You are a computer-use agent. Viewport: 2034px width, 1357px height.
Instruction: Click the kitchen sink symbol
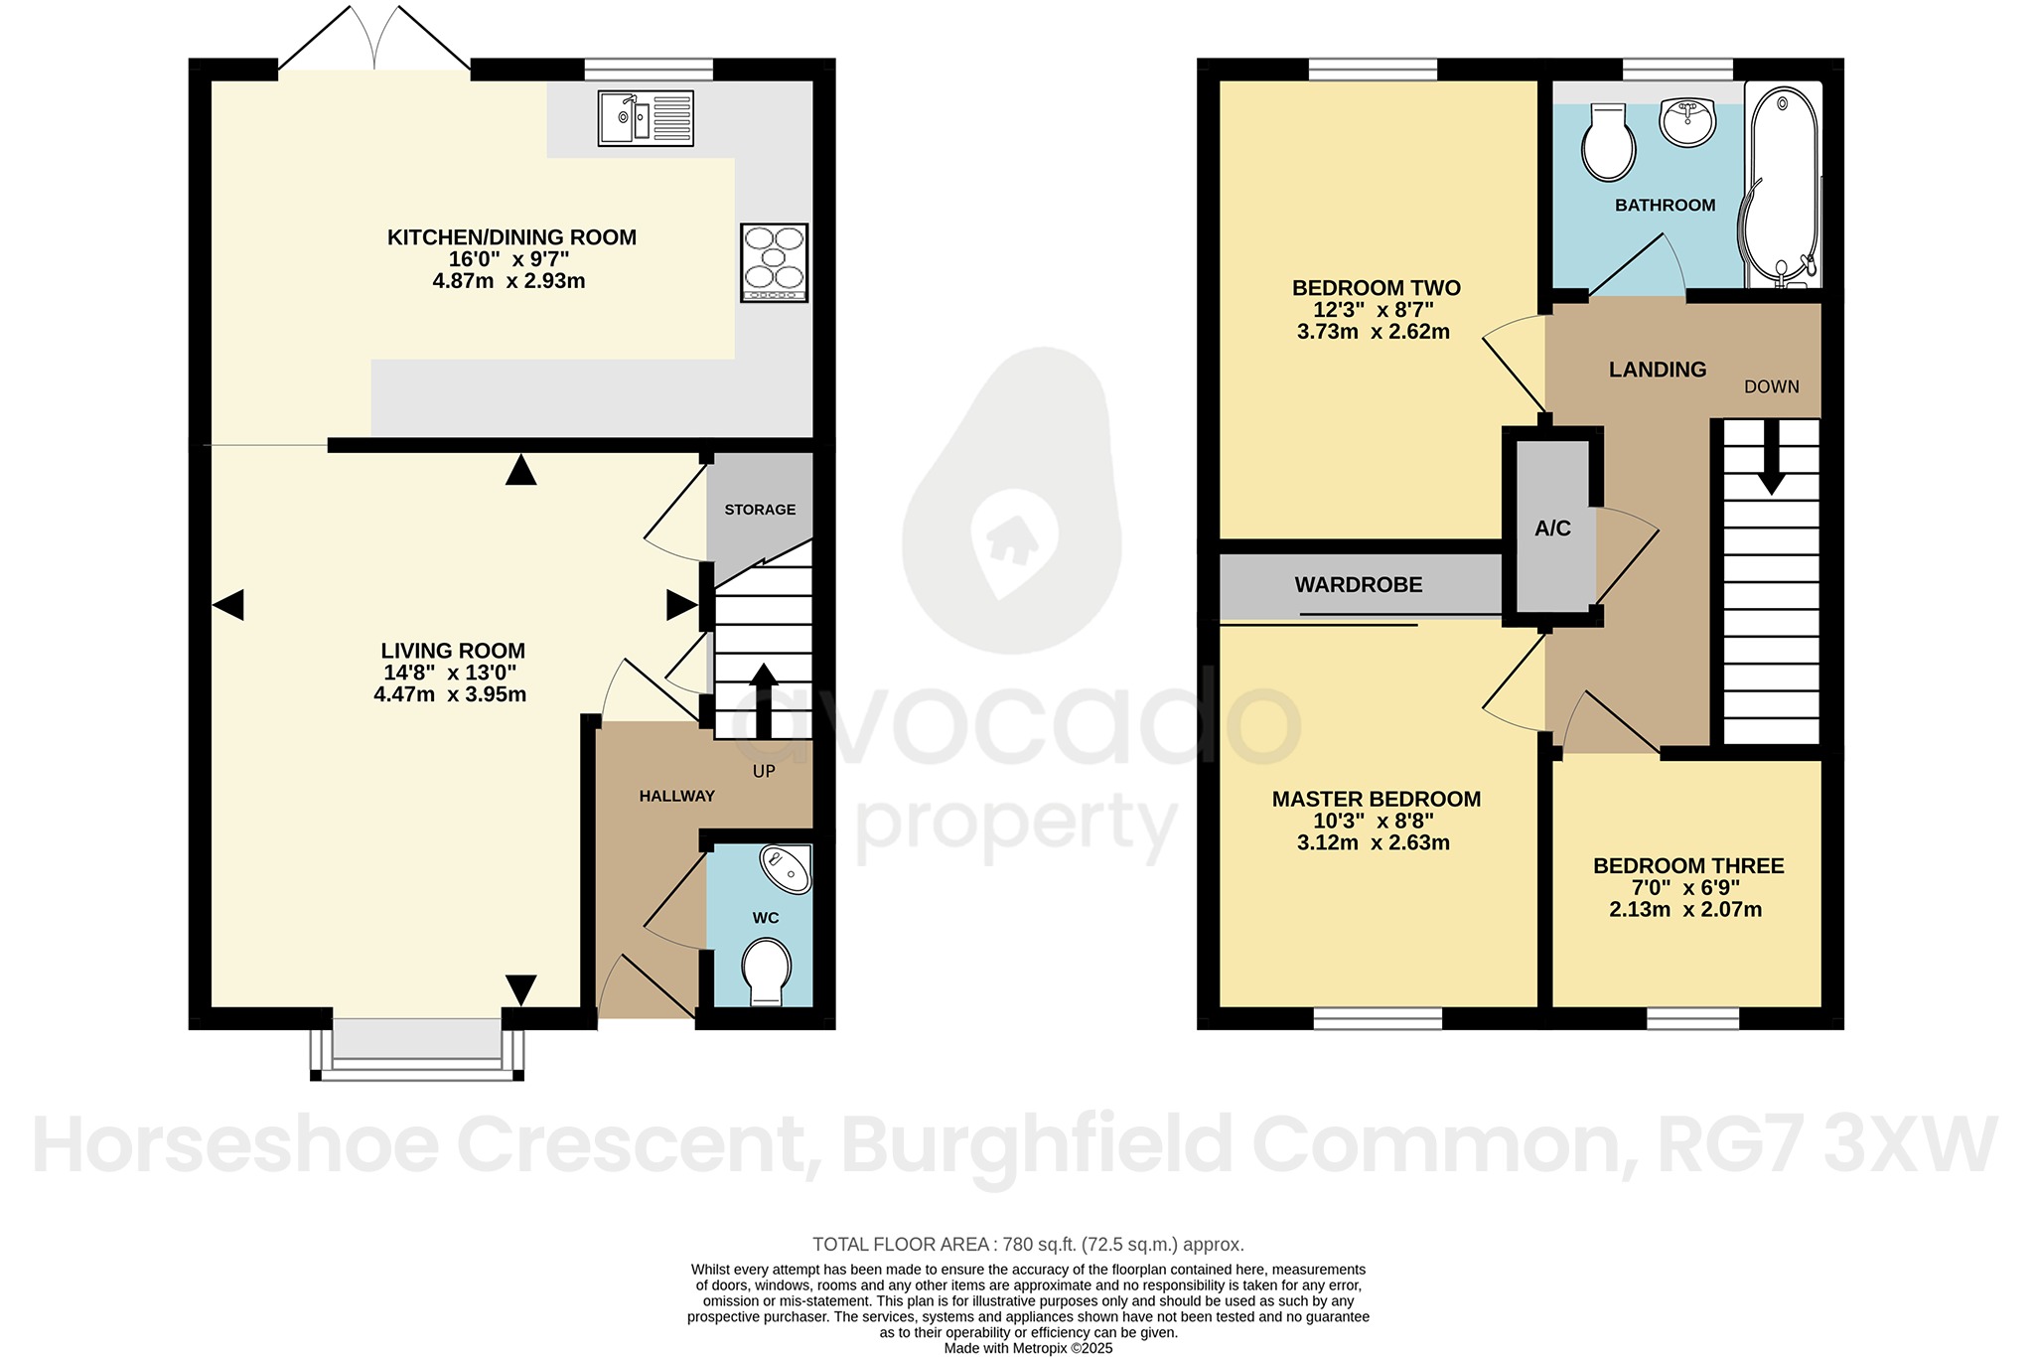coord(646,118)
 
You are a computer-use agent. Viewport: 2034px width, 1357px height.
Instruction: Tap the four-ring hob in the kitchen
coord(774,262)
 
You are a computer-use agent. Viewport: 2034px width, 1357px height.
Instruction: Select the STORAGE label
coord(760,510)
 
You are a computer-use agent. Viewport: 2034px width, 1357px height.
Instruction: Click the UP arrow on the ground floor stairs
coord(763,700)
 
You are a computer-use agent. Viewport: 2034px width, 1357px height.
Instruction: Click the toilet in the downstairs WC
coord(766,971)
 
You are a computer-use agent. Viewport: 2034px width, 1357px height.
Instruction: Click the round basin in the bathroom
coord(1687,122)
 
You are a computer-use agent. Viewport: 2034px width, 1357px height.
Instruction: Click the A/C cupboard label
coord(1552,528)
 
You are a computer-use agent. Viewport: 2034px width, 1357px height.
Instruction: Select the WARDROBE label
coord(1358,585)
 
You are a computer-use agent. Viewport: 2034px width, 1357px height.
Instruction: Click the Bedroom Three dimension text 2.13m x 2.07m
coord(1685,910)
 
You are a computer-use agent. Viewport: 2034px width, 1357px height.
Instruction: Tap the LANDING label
coord(1657,370)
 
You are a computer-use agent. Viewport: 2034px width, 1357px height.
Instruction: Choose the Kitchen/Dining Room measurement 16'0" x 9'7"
coord(508,259)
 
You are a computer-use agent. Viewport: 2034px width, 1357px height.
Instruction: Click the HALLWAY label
coord(676,796)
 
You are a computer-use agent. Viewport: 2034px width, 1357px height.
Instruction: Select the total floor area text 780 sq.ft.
coord(1028,1244)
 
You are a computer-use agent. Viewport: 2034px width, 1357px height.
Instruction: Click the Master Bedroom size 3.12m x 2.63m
coord(1373,843)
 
